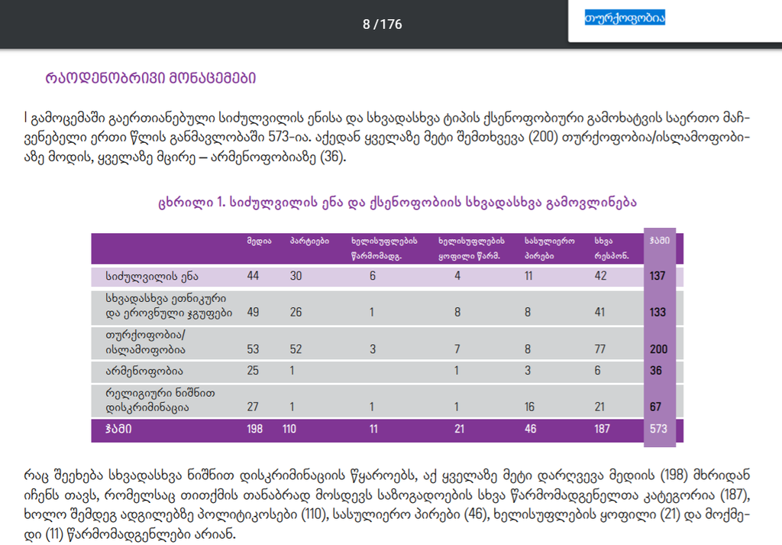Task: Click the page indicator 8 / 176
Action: [382, 24]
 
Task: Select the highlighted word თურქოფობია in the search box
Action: [625, 18]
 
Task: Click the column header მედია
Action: [258, 241]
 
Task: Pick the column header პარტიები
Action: [309, 241]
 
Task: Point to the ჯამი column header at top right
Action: [659, 240]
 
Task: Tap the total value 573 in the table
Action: [658, 429]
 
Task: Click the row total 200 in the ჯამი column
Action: [658, 349]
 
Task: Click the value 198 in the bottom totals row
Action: [255, 429]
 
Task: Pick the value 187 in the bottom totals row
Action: [603, 429]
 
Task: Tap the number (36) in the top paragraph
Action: [333, 158]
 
